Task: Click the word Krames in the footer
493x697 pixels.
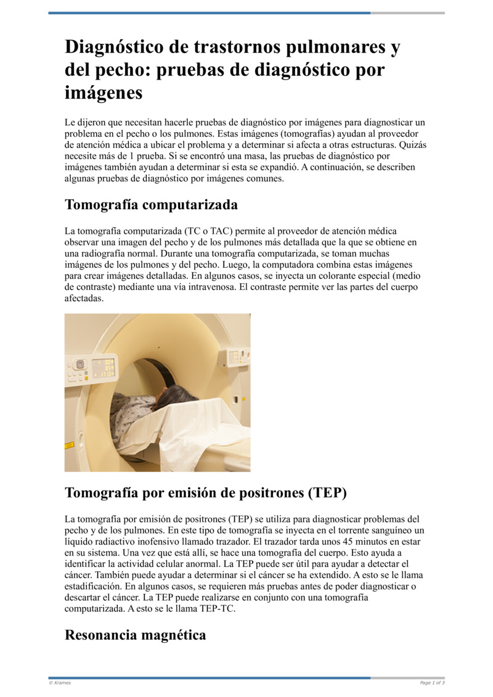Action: pos(62,683)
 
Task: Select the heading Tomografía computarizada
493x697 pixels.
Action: pos(151,204)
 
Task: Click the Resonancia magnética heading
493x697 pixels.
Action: pos(135,635)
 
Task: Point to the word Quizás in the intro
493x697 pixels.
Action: pos(412,145)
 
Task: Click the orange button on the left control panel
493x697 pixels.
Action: pos(86,377)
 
